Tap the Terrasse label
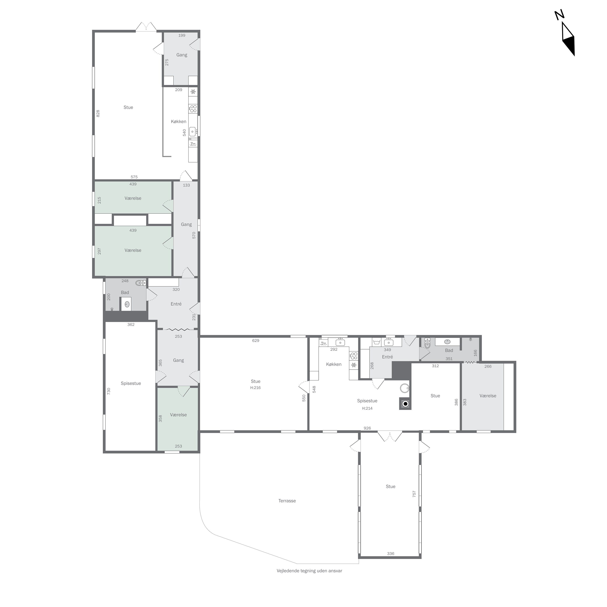point(287,501)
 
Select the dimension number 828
point(98,114)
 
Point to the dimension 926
point(367,428)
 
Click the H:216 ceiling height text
point(255,388)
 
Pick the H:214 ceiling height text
point(367,409)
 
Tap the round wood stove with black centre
point(405,404)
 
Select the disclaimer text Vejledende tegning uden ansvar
point(309,571)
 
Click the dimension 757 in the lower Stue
point(414,494)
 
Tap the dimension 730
point(109,391)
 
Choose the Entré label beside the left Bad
point(176,304)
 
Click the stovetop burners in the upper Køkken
point(193,109)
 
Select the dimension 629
point(255,341)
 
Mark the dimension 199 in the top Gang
point(182,35)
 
